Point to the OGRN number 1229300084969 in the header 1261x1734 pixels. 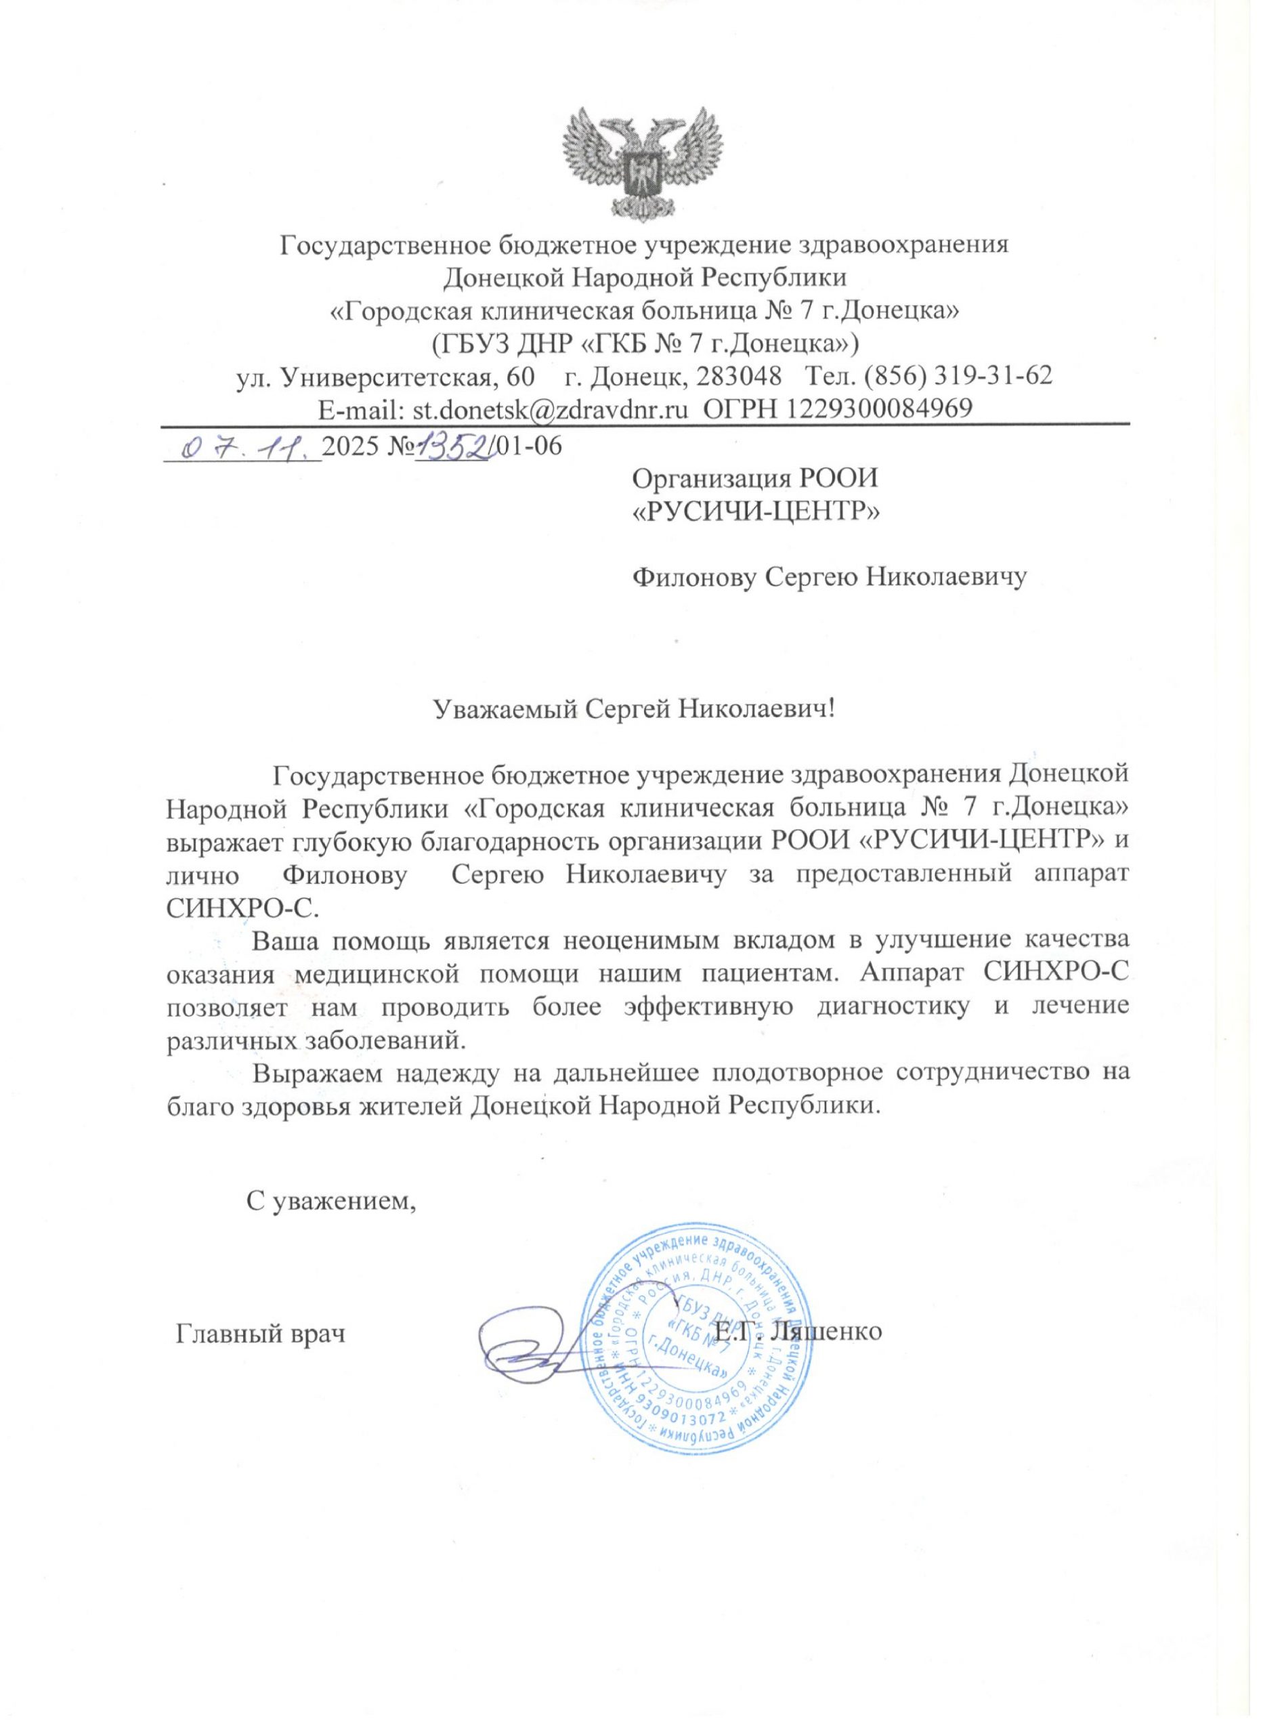[875, 408]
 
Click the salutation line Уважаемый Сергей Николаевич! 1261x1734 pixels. [635, 709]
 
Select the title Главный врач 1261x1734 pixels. [261, 1334]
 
